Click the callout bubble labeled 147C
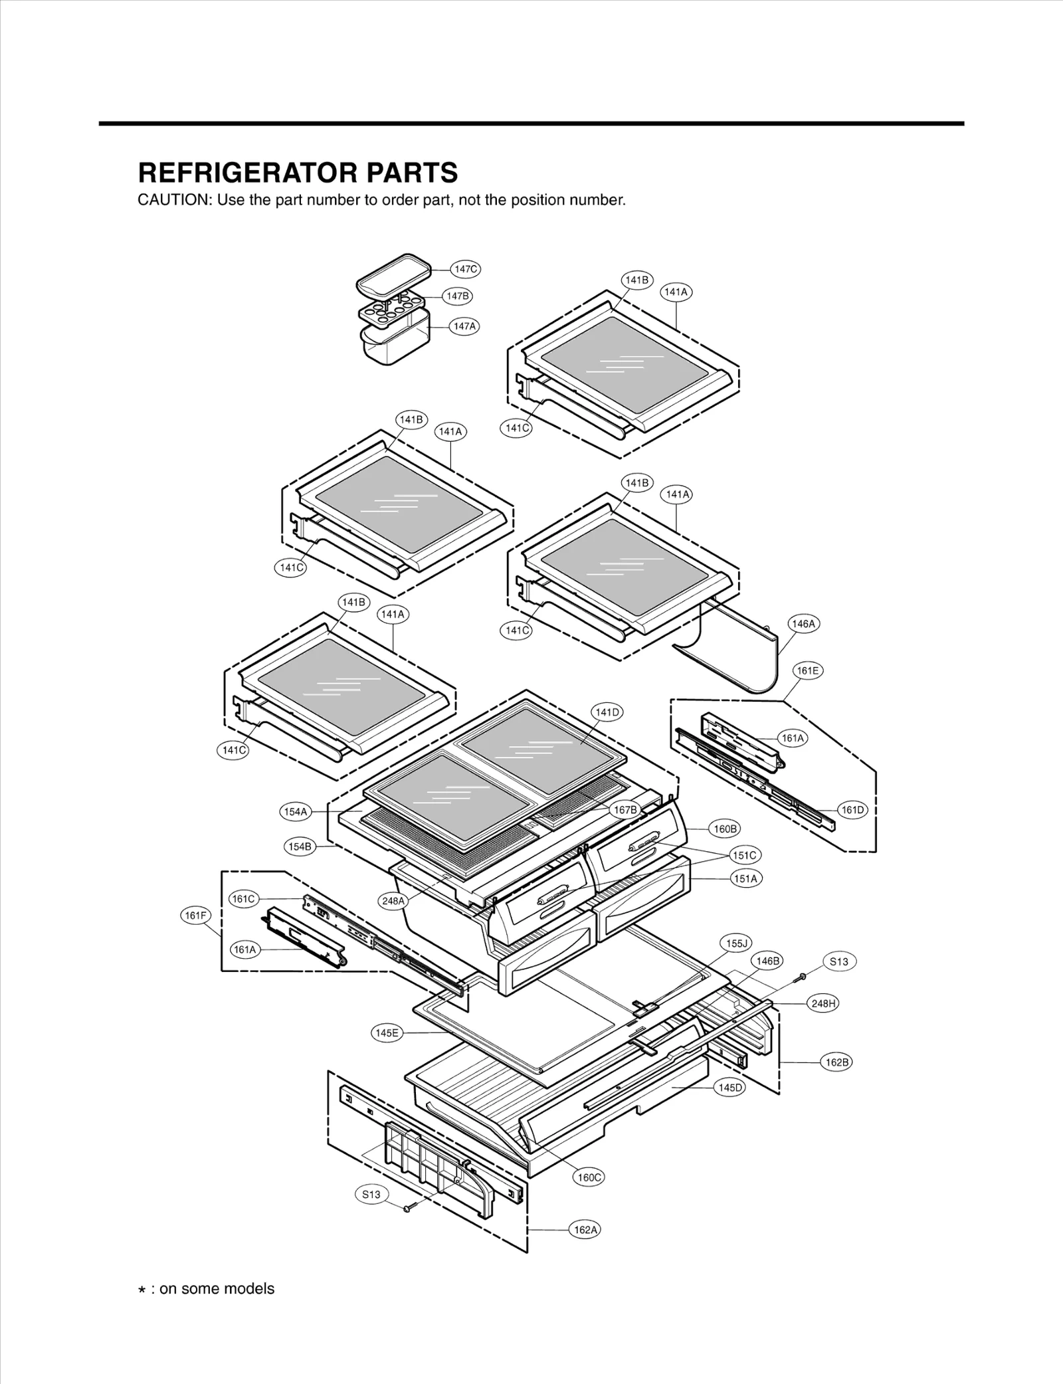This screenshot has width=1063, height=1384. [465, 269]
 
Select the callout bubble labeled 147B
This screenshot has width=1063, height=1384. [458, 296]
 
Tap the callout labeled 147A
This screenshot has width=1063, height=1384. [464, 326]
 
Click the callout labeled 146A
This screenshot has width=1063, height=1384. [803, 624]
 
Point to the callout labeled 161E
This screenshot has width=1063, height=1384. [808, 671]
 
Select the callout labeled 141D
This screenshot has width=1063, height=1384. [607, 712]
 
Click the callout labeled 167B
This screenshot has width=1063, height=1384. [625, 810]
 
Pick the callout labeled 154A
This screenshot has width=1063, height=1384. [296, 812]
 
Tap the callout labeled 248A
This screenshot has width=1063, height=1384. [393, 901]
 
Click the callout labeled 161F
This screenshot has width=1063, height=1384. [196, 916]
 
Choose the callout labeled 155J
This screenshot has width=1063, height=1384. [736, 943]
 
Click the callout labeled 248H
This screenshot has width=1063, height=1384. [823, 1003]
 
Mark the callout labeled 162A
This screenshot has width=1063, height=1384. [585, 1230]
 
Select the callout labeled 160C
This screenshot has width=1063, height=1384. [589, 1177]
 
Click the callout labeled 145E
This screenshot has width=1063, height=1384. [387, 1033]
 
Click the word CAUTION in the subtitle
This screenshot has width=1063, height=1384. [173, 200]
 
